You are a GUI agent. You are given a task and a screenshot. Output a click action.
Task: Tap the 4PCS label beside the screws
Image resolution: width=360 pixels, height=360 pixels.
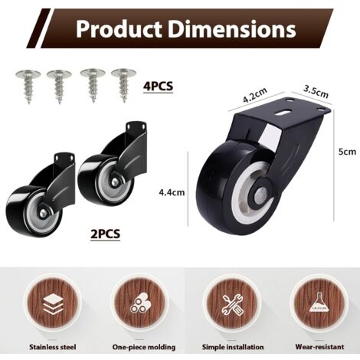coord(158,86)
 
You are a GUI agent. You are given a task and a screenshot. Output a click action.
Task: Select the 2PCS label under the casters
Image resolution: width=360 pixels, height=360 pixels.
coord(105,234)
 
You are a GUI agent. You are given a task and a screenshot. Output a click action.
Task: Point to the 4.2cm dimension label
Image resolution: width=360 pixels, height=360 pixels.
coord(255,95)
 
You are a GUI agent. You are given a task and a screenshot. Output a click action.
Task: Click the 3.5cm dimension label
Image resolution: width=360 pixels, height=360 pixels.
coord(316,91)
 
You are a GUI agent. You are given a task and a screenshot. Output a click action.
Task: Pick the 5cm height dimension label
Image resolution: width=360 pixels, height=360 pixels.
coord(347,152)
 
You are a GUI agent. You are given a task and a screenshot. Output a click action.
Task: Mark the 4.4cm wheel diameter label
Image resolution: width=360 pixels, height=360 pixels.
coord(172,192)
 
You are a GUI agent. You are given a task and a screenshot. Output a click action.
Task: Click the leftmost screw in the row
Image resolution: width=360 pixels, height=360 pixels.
coord(28,86)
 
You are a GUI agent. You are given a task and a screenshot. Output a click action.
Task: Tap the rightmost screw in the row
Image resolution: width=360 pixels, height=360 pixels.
coord(123,85)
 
